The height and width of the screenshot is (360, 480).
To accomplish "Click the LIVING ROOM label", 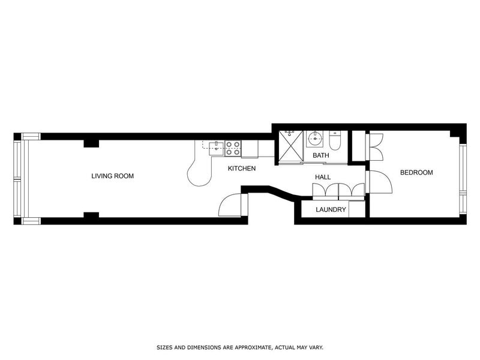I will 112,176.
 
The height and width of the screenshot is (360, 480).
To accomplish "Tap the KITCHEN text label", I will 242,169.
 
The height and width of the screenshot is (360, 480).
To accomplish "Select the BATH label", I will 321,156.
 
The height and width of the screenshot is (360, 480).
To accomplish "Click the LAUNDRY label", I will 331,209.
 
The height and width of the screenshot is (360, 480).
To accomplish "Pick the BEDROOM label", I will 416,173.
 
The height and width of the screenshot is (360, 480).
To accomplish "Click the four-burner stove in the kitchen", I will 233,148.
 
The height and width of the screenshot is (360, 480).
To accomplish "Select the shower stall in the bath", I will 289,145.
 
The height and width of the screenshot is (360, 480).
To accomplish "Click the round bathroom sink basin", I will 315,140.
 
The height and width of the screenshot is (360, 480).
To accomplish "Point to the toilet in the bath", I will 335,142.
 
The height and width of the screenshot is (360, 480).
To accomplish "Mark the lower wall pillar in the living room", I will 91,215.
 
